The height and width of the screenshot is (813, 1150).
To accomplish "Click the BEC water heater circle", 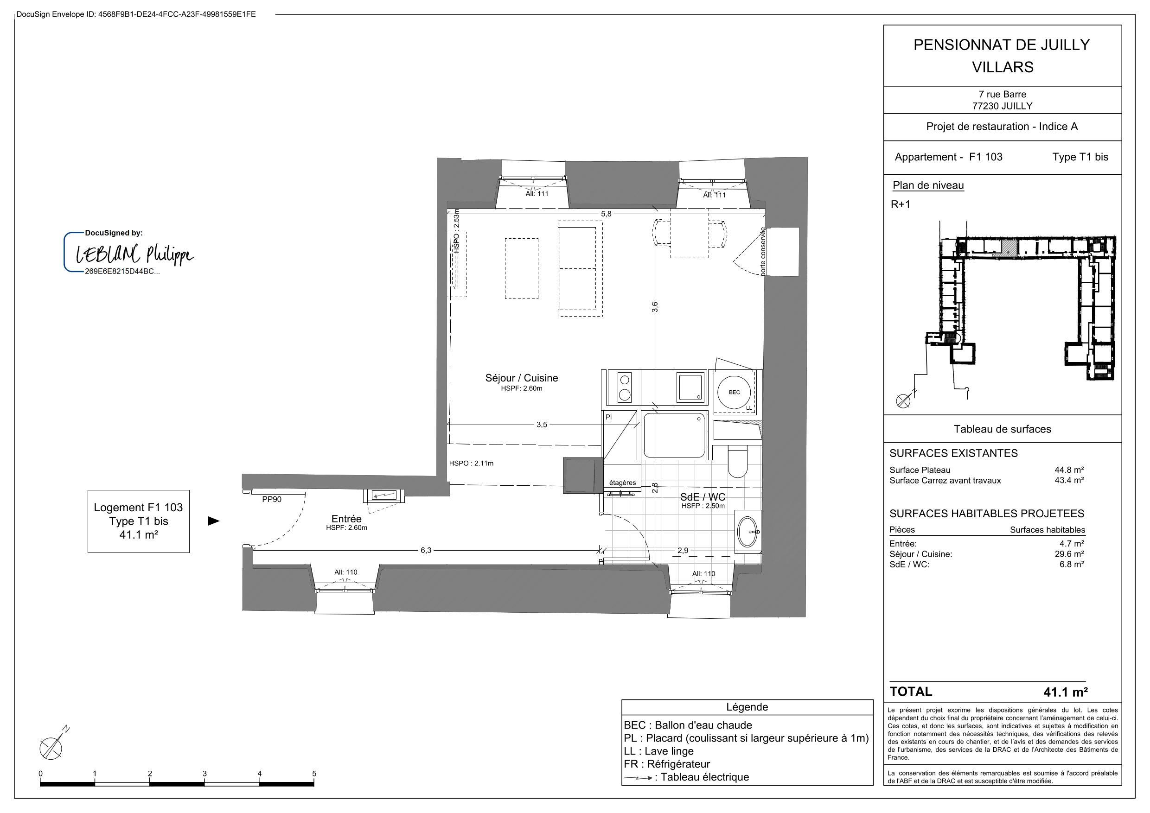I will coord(734,392).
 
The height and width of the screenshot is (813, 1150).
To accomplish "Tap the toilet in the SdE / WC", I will coord(737,461).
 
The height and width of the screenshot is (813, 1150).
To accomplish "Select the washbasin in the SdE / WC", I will coord(748,531).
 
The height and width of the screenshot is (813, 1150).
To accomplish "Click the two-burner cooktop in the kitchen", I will coord(624,387).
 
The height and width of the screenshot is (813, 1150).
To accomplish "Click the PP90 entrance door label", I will coord(272,499).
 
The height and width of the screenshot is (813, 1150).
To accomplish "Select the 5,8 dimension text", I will coord(606,214).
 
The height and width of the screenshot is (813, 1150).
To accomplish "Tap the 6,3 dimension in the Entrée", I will coord(425,550).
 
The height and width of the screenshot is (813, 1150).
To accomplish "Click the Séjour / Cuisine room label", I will coord(521,378).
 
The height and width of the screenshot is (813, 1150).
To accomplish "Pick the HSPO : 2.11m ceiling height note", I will coord(471,464).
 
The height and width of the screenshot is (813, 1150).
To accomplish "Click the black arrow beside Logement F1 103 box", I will coord(214,521).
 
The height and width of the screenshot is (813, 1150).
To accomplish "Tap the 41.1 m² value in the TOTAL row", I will coord(1065,692).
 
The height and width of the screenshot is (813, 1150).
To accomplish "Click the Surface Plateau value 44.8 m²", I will coord(1069,470).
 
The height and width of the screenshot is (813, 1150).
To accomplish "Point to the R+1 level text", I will coord(901,204).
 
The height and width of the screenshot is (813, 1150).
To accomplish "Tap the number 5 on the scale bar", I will coord(314,774).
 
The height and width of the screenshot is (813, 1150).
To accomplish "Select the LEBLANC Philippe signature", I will coord(134,254).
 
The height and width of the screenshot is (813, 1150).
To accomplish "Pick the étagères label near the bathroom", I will coord(622,483).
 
